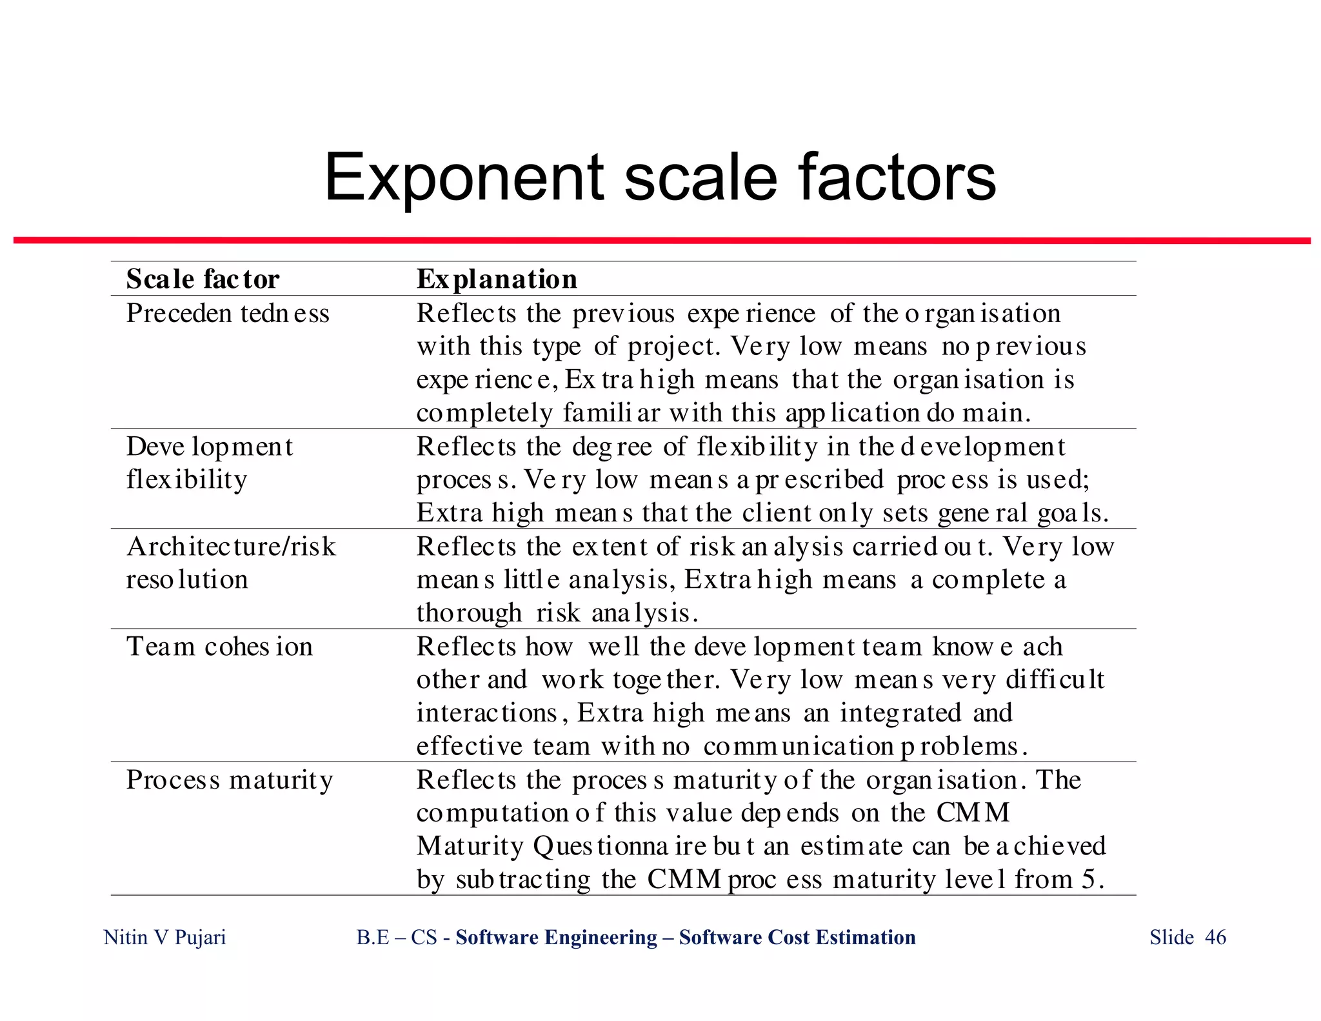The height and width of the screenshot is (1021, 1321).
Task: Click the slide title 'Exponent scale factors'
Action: (x=660, y=177)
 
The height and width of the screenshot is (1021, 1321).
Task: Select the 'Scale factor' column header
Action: (x=203, y=279)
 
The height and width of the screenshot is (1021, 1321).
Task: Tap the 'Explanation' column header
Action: (x=497, y=279)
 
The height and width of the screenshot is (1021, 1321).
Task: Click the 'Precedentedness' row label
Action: (x=228, y=314)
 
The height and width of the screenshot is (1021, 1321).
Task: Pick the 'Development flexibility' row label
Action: (x=209, y=463)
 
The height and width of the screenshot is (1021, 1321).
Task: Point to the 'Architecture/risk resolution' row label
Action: (x=230, y=563)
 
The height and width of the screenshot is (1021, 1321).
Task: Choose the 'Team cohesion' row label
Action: (x=219, y=647)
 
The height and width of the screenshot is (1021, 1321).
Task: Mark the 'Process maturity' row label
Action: (x=229, y=780)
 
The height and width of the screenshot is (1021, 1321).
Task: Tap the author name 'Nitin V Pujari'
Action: (x=164, y=937)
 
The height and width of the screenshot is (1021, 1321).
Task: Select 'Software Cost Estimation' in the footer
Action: (x=797, y=937)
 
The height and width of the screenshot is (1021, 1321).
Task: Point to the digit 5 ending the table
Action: (x=1088, y=879)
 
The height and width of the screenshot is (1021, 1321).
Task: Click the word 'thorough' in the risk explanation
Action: (x=469, y=613)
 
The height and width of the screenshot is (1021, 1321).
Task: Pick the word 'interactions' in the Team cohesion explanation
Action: (x=487, y=713)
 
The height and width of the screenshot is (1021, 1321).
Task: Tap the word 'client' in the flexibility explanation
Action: (x=777, y=513)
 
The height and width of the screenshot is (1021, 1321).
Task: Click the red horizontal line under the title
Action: (x=661, y=241)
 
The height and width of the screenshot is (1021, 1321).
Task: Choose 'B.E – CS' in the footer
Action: (x=397, y=937)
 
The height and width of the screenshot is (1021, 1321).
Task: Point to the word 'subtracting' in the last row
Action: (x=522, y=880)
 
